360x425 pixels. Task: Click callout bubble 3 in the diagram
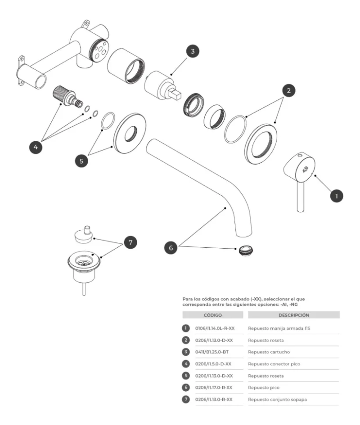point(193,51)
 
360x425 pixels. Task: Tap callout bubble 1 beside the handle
point(336,196)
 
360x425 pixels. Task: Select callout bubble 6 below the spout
point(171,247)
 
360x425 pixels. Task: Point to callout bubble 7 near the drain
point(130,242)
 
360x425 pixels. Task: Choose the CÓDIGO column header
point(212,315)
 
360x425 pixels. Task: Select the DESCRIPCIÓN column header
point(293,315)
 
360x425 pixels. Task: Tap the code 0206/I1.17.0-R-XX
point(214,387)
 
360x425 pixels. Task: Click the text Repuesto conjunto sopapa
point(280,399)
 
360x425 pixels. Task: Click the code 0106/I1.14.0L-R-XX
point(215,328)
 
